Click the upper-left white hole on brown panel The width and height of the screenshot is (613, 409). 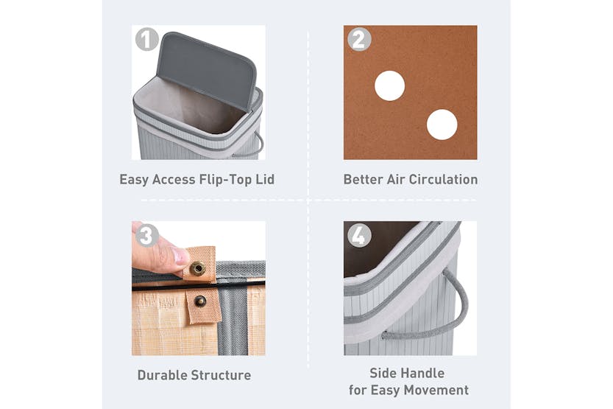(389, 86)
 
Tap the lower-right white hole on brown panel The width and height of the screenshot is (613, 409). (442, 125)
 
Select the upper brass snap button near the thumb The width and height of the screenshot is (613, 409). (197, 268)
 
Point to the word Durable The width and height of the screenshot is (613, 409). (163, 375)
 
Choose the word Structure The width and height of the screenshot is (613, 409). (222, 375)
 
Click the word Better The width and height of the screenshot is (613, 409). (364, 179)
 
